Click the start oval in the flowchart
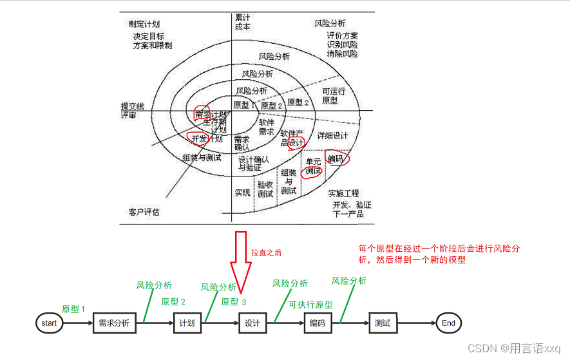click(x=50, y=323)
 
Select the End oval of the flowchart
click(x=448, y=323)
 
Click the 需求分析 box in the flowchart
click(x=115, y=323)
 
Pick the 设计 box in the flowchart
click(x=252, y=323)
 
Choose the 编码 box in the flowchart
click(x=318, y=323)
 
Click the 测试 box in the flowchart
click(x=383, y=323)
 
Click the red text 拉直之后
click(x=267, y=253)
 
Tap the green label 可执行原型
click(x=310, y=305)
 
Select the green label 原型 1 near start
click(x=73, y=309)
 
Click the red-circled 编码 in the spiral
click(x=336, y=158)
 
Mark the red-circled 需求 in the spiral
click(x=202, y=114)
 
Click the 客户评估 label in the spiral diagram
click(x=144, y=211)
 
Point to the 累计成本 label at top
click(x=243, y=23)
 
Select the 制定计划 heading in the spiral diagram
click(x=144, y=24)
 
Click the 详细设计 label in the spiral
click(x=332, y=135)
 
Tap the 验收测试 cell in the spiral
click(x=265, y=189)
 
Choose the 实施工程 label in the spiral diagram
click(x=343, y=193)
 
